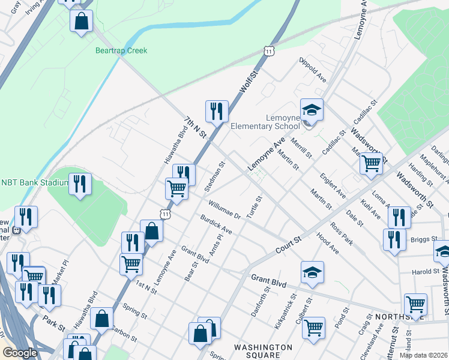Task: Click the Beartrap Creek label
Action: [x=121, y=51]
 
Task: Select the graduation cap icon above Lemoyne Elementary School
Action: [x=312, y=110]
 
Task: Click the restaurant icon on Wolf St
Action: [x=217, y=110]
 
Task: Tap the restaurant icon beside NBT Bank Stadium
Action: [x=80, y=184]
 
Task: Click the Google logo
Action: [x=20, y=353]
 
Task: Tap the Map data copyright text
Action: [x=424, y=355]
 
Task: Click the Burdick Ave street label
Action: [x=216, y=225]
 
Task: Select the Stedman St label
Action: [x=214, y=176]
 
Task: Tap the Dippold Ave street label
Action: [x=313, y=70]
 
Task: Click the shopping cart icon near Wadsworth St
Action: [x=372, y=162]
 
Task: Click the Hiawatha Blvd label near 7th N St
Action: [x=175, y=141]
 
